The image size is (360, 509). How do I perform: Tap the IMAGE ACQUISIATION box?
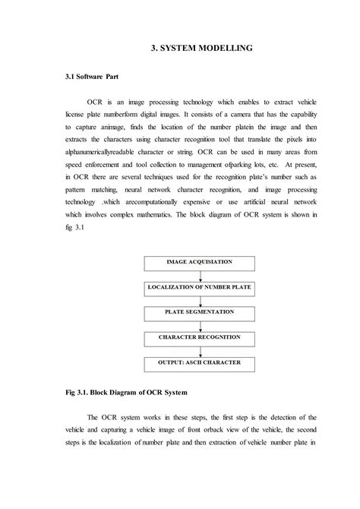[199, 264]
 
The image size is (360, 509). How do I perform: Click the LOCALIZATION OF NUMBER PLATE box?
[199, 288]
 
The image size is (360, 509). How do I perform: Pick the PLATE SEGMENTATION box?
[199, 312]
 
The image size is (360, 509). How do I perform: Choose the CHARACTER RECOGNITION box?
[199, 337]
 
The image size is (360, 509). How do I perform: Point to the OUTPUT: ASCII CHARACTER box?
[199, 362]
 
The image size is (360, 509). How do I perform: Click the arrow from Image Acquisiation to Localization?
[199, 276]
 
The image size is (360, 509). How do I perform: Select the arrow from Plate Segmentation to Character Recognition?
[199, 324]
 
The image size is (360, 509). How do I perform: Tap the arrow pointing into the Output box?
[199, 349]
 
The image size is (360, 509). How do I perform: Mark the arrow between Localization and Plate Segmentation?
[199, 300]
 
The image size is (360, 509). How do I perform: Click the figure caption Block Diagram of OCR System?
[136, 394]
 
